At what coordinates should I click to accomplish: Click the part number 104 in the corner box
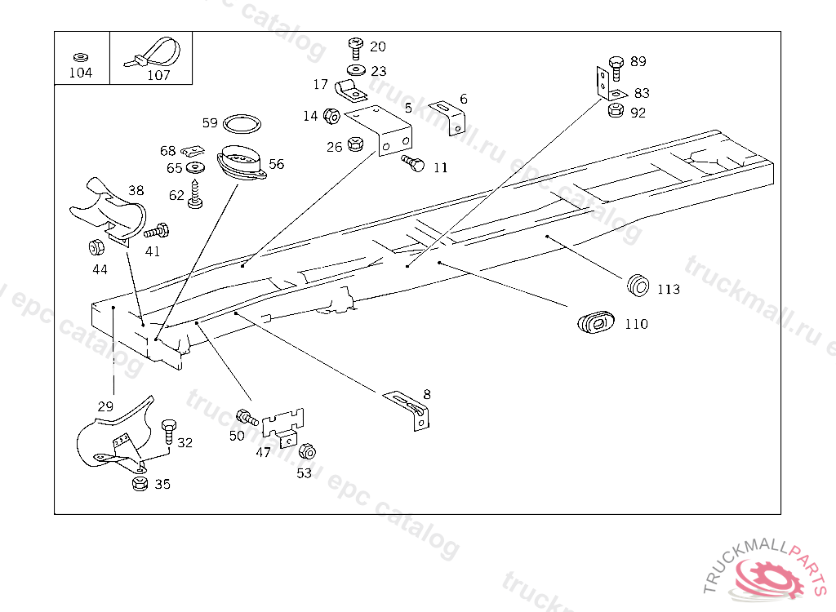(x=81, y=73)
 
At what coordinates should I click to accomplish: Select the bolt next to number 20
(x=355, y=47)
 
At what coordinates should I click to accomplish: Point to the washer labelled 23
(x=354, y=71)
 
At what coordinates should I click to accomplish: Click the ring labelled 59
(x=242, y=125)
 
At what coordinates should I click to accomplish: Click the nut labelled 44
(x=96, y=246)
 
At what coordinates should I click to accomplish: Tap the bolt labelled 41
(x=157, y=231)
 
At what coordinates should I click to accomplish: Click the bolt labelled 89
(x=616, y=64)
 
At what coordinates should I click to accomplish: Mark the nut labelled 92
(x=616, y=111)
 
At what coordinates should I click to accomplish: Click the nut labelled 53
(x=307, y=451)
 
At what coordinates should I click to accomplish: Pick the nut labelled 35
(x=139, y=484)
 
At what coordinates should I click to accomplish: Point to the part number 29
(x=105, y=406)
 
